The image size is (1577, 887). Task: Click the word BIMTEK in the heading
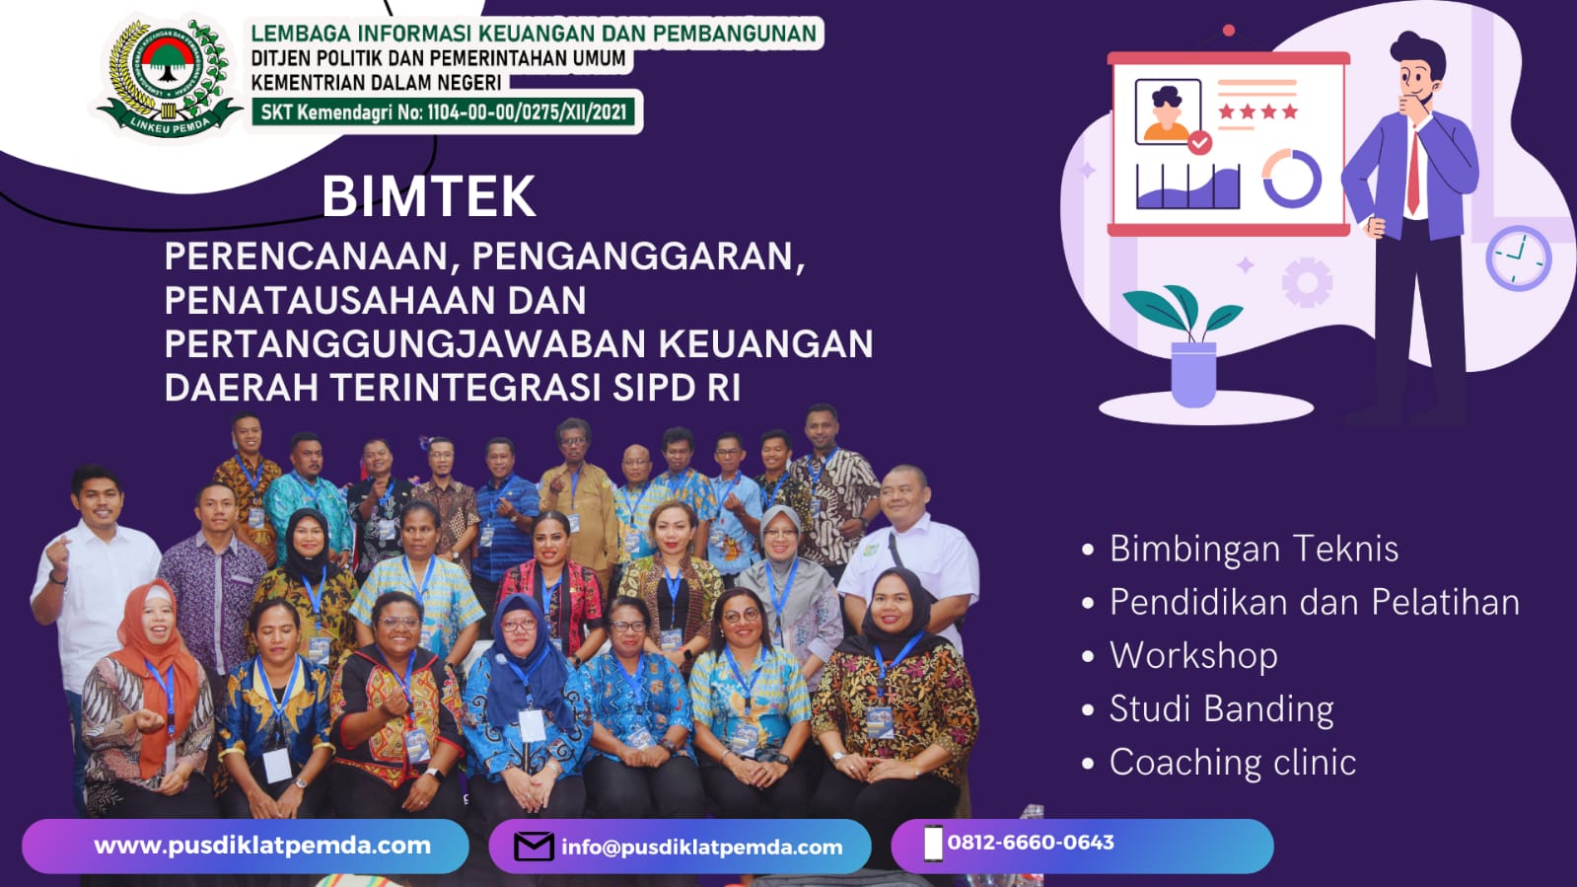429,197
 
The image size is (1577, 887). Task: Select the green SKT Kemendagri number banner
444,112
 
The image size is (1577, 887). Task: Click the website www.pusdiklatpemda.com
262,846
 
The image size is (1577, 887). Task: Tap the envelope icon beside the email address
534,847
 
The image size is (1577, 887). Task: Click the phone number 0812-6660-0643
1031,843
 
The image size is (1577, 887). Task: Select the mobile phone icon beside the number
933,844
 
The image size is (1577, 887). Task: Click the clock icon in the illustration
1519,258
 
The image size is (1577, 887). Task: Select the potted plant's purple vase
1193,374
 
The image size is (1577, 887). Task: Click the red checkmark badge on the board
1199,143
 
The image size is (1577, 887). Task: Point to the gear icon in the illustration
1307,282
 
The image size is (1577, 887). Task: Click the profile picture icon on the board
1168,112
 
